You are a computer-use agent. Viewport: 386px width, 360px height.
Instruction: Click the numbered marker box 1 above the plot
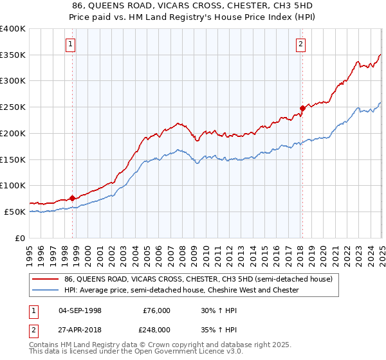pos(70,44)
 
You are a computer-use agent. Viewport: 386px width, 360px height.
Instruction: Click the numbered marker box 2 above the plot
pos(300,44)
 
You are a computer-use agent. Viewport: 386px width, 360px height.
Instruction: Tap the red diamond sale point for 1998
pos(72,198)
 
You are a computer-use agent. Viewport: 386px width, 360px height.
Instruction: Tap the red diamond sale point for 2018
pos(302,108)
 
